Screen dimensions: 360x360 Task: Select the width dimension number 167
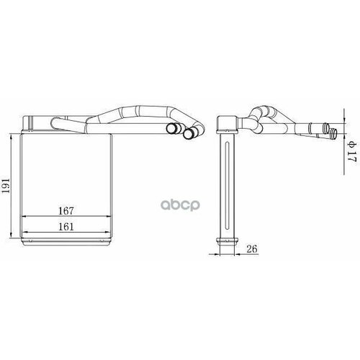[66, 211]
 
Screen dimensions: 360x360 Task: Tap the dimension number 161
[66, 225]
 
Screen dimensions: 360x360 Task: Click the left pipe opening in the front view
[174, 129]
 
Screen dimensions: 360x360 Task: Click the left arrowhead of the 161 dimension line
[26, 232]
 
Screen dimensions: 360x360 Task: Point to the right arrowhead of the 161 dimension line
[109, 232]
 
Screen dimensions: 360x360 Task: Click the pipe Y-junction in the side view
[257, 115]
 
